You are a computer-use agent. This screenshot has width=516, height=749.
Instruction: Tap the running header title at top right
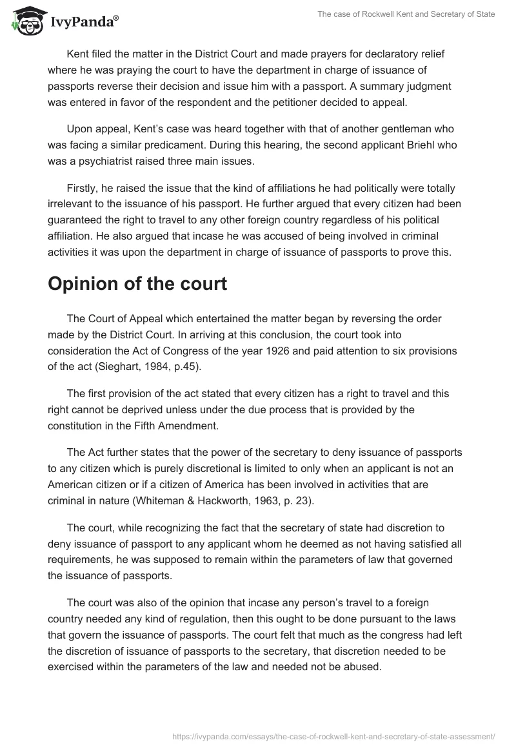pos(406,14)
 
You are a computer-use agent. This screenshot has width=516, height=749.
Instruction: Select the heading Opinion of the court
pos(137,284)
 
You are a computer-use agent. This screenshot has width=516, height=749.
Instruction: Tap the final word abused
pos(366,668)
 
